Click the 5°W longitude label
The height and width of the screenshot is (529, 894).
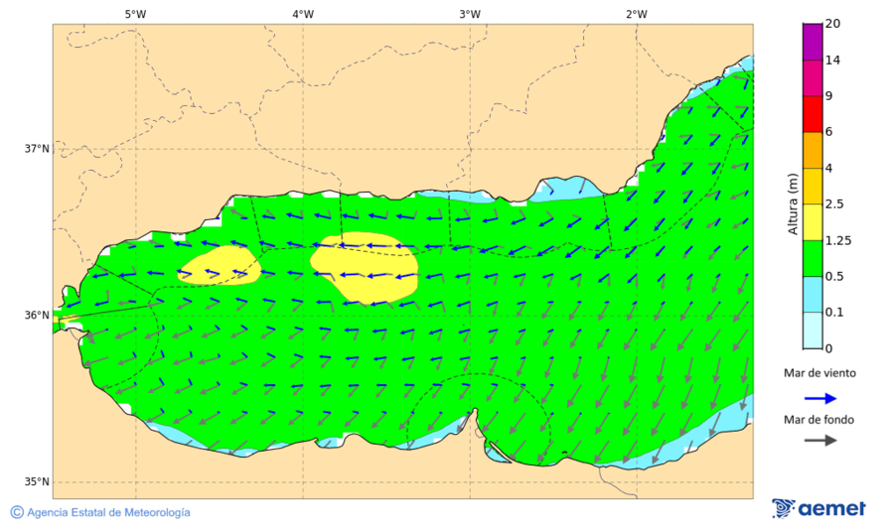point(136,14)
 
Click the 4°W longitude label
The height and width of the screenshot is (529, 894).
point(303,14)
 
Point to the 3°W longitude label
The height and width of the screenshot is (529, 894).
point(470,14)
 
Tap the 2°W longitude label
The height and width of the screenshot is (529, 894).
point(637,14)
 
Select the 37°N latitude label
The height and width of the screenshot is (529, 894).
point(37,149)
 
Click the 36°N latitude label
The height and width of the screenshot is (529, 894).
point(37,316)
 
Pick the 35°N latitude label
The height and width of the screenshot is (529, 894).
point(37,482)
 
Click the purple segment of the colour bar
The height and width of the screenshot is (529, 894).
point(813,42)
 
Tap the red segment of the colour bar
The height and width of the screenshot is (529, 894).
point(813,113)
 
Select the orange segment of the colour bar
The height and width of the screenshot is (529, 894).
point(813,150)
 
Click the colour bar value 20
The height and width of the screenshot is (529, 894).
point(832,24)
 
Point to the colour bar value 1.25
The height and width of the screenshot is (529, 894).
point(839,240)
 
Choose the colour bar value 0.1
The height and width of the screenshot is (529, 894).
point(835,313)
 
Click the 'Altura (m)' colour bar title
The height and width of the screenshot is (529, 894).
point(793,203)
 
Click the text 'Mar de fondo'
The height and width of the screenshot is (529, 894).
point(819,420)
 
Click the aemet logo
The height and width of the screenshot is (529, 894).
point(819,508)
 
